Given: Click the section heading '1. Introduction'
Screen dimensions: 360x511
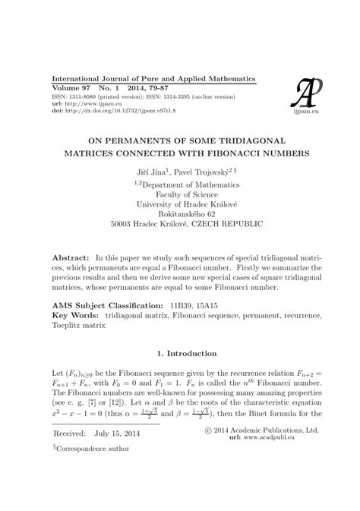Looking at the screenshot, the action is (x=179, y=374).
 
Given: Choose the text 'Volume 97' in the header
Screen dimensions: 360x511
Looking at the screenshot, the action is (x=70, y=90).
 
